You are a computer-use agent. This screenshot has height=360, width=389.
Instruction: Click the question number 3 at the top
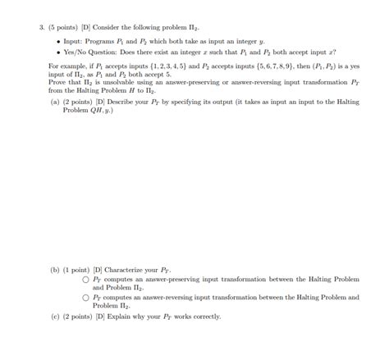click(x=40, y=26)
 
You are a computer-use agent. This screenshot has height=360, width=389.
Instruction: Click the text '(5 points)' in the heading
click(x=59, y=26)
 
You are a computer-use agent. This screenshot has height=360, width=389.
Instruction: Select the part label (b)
click(x=55, y=269)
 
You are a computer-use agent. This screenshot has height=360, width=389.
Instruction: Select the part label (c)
click(x=55, y=317)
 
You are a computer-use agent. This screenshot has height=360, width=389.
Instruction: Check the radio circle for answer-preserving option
click(x=85, y=280)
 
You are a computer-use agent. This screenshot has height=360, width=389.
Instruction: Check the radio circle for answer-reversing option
click(x=85, y=298)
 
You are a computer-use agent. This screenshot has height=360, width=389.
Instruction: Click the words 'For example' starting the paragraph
click(x=66, y=65)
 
